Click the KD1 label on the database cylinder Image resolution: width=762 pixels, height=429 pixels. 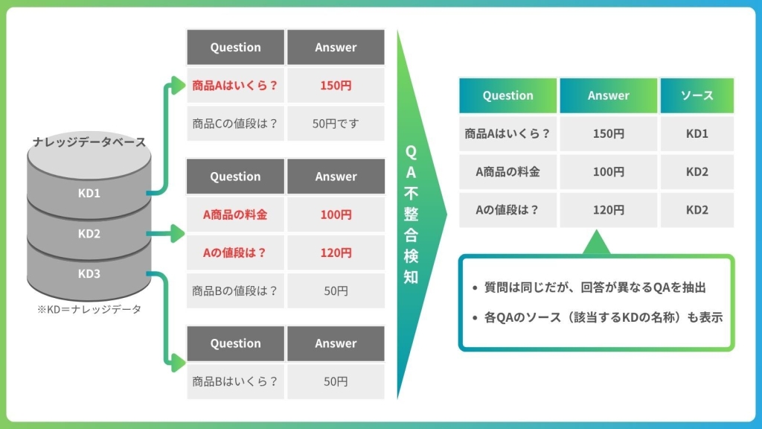pyautogui.click(x=89, y=193)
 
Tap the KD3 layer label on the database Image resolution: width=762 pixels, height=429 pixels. pyautogui.click(x=89, y=274)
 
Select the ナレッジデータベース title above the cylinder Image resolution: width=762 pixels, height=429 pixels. pyautogui.click(x=89, y=142)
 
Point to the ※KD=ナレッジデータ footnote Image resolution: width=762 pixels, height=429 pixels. pyautogui.click(x=89, y=309)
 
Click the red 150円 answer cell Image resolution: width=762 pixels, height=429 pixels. pyautogui.click(x=336, y=86)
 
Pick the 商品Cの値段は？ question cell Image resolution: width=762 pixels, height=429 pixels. pyautogui.click(x=235, y=124)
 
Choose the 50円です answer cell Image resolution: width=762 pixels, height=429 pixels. pyautogui.click(x=336, y=124)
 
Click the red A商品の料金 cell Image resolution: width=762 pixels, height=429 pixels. pyautogui.click(x=235, y=214)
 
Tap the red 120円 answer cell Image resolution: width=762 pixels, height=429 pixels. pyautogui.click(x=336, y=253)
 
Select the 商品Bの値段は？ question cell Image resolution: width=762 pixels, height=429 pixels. pyautogui.click(x=235, y=291)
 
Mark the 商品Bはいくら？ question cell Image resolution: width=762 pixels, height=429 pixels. pyautogui.click(x=235, y=381)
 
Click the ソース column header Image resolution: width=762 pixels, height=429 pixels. pyautogui.click(x=697, y=95)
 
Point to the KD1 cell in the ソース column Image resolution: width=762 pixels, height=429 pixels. pyautogui.click(x=697, y=134)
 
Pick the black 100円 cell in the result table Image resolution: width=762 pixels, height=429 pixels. pyautogui.click(x=609, y=172)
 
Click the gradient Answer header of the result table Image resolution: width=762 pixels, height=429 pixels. pyautogui.click(x=609, y=95)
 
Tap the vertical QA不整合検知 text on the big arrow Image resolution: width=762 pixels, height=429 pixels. pyautogui.click(x=411, y=214)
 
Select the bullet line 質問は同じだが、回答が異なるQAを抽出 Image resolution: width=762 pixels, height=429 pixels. pyautogui.click(x=589, y=287)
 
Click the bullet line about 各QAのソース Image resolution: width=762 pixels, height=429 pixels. pyautogui.click(x=598, y=317)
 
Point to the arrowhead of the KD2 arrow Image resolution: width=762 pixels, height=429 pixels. pyautogui.click(x=178, y=233)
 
